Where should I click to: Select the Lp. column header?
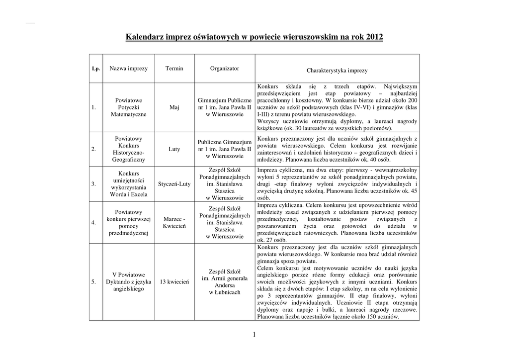tap(96, 69)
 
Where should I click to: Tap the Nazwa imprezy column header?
tap(128, 69)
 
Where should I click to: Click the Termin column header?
tap(174, 69)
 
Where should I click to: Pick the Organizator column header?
tap(224, 69)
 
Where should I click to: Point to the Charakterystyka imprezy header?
tap(337, 71)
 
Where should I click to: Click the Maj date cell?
tap(174, 107)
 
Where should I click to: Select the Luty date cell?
tap(174, 149)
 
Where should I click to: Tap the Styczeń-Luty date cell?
tap(174, 184)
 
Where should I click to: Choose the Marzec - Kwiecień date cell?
tap(174, 222)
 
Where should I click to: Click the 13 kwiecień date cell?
tap(174, 282)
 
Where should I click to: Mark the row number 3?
tap(93, 184)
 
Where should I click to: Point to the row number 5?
tap(93, 282)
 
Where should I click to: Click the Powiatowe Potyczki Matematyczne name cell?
tap(128, 107)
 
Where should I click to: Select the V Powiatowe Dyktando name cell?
tap(128, 281)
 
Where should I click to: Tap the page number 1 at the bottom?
tap(254, 335)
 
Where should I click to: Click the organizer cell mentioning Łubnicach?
tap(224, 282)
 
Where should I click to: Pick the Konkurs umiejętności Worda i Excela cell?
tap(128, 184)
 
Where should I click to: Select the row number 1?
tap(93, 107)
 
